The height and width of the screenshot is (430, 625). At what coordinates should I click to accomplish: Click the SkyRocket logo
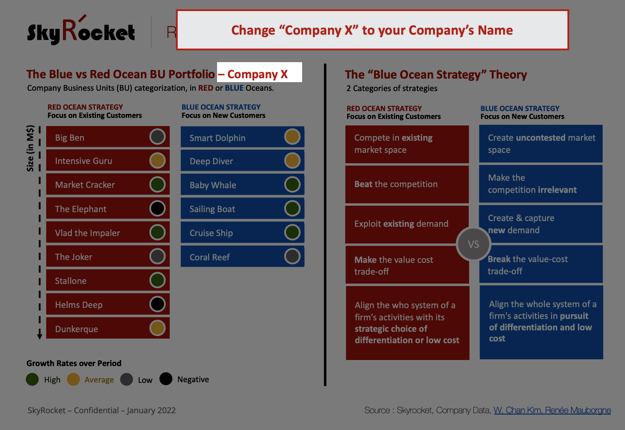point(81,30)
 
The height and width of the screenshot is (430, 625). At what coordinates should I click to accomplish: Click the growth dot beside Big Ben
point(157,136)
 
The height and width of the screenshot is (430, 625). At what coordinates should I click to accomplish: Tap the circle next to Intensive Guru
point(157,160)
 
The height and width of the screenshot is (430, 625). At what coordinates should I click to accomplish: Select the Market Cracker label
point(85,185)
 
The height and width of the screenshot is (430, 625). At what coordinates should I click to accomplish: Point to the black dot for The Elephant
point(157,208)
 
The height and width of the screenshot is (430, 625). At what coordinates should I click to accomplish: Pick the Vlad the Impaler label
point(87,233)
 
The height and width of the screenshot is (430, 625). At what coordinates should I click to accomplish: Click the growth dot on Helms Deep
point(157,304)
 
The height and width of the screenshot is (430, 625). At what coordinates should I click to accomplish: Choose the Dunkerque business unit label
point(77,329)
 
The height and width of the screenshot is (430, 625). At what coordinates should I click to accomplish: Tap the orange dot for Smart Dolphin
point(292,136)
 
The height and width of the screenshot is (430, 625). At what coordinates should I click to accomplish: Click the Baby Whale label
point(213,185)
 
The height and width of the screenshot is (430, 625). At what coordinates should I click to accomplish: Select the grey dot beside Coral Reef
point(292,256)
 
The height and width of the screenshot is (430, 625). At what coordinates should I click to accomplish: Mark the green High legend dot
point(32,379)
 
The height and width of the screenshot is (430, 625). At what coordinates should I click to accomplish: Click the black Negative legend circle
point(166,379)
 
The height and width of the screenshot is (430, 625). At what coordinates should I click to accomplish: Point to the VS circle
point(473,244)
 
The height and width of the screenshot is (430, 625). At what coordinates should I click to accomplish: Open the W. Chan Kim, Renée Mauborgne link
point(552,410)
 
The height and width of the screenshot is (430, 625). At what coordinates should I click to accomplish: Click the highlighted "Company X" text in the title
point(257,74)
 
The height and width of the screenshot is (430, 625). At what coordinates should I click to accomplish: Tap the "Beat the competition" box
point(407,184)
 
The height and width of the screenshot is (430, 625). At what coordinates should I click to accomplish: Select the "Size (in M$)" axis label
point(30,148)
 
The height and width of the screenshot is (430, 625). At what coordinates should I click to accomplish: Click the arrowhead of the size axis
point(40,336)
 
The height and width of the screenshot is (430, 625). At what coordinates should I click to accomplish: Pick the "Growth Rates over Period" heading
point(74,363)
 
